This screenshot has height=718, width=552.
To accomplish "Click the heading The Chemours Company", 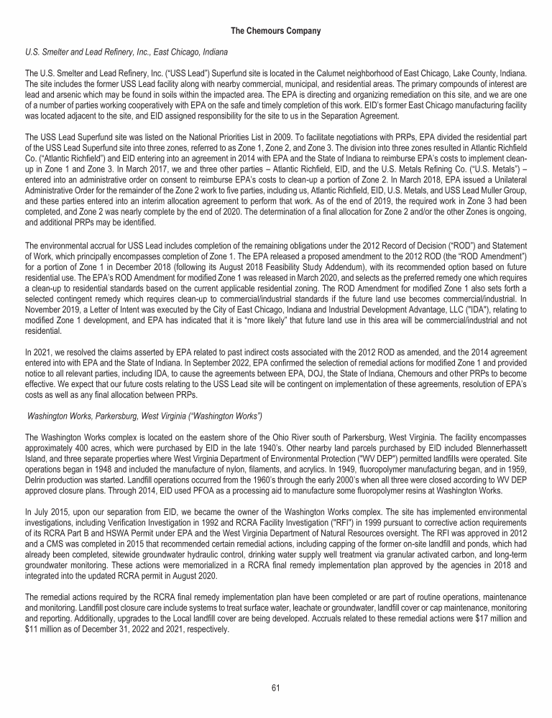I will click(276, 31).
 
